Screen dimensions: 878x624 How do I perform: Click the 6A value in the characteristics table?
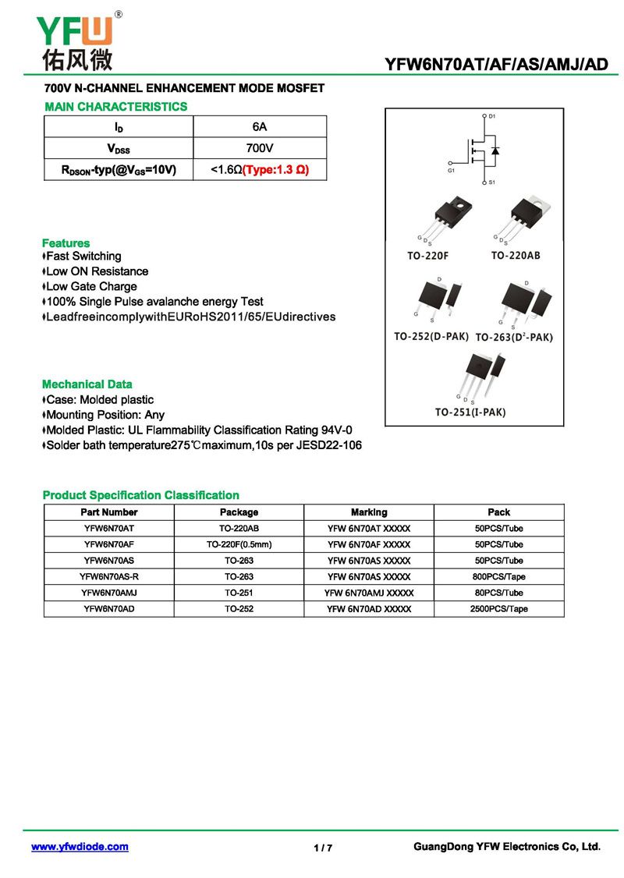coord(260,126)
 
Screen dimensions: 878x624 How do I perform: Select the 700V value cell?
coord(260,148)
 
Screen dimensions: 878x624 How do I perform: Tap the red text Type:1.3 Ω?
coord(276,169)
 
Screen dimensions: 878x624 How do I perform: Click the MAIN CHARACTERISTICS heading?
coord(116,106)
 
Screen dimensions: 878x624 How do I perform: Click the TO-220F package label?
coord(428,256)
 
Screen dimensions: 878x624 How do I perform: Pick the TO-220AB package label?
coord(516,256)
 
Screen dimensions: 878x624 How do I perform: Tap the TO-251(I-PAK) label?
coord(470,412)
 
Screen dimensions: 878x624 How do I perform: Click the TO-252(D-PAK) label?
coord(431,337)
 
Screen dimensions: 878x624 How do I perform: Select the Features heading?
coord(66,243)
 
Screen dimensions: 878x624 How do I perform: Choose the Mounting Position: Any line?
coord(105,415)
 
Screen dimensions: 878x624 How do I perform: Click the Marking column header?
coord(369,512)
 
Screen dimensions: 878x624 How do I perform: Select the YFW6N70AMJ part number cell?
coord(109,593)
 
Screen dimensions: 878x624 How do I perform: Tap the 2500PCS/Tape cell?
coord(498,609)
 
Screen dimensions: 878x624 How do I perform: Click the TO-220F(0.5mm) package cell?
coord(239,544)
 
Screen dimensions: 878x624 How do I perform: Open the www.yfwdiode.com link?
coord(80,847)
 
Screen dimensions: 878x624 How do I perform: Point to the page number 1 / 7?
coord(323,848)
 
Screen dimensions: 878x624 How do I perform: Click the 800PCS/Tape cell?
coord(498,577)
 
